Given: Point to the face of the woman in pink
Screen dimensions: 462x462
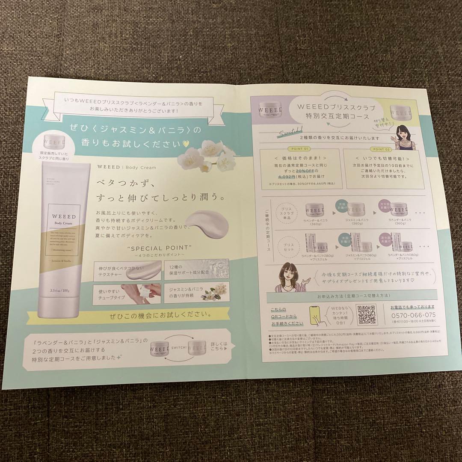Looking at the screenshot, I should (x=291, y=274).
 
